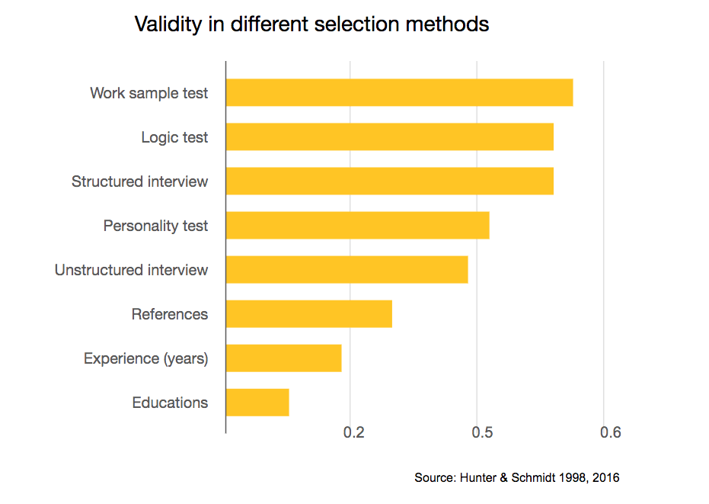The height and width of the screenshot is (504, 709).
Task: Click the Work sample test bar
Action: [399, 92]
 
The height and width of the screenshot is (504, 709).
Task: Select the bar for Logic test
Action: [389, 136]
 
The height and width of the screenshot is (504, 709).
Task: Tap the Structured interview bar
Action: [389, 181]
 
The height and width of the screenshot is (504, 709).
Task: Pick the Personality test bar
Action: [357, 225]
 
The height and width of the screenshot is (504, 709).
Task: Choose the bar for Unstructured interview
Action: [347, 269]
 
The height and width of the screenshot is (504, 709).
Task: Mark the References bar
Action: [308, 313]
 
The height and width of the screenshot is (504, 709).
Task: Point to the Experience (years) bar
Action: [283, 358]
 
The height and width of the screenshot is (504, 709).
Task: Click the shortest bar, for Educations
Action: [257, 402]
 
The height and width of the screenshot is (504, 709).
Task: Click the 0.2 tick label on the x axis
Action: [353, 433]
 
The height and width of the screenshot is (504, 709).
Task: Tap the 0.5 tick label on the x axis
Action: [481, 433]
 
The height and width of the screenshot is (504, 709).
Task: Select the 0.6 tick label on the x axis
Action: [610, 433]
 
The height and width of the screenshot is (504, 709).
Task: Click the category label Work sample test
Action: [149, 93]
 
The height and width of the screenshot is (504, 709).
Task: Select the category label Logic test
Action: [174, 137]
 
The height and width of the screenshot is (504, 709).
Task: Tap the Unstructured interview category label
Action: [131, 270]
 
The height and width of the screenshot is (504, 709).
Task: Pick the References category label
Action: [169, 314]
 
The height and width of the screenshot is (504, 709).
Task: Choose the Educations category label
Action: [169, 403]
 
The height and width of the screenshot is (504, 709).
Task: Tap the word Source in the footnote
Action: [434, 478]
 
